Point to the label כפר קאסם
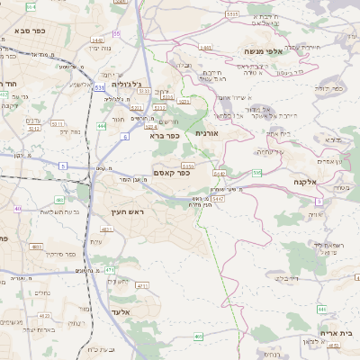(x=171, y=173)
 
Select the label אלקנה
(x=310, y=182)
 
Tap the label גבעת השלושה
(x=63, y=211)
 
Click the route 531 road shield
(x=99, y=87)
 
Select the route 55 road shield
(x=116, y=33)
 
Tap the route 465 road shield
(x=198, y=337)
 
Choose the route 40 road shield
(x=17, y=208)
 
